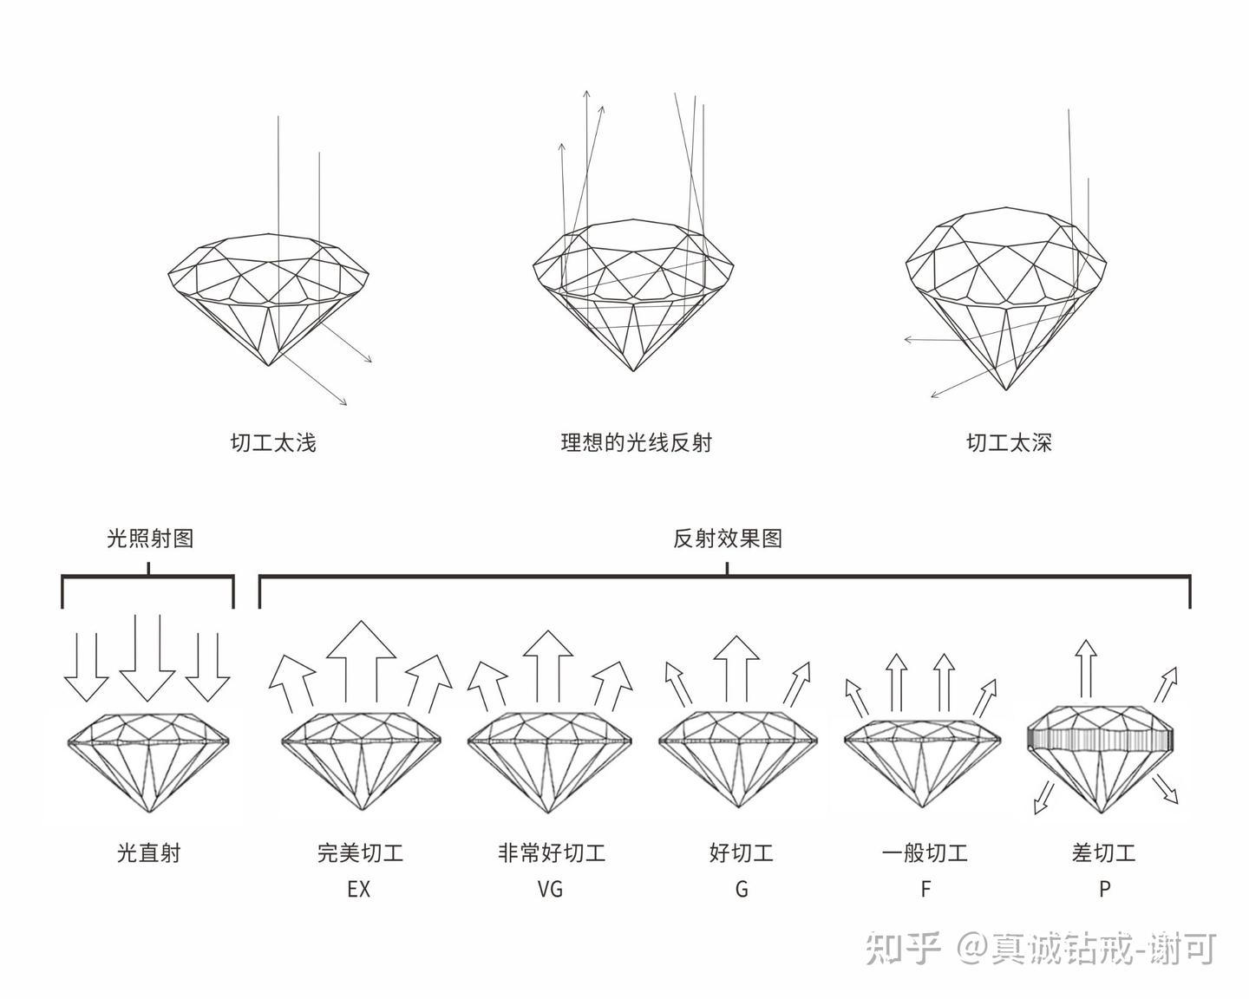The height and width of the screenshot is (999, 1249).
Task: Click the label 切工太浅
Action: pos(273,443)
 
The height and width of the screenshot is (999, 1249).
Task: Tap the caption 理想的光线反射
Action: pos(636,443)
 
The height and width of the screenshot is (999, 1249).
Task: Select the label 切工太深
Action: pos(1009,443)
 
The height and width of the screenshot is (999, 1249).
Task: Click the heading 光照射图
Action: pos(149,539)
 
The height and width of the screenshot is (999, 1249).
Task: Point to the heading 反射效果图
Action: pos(728,539)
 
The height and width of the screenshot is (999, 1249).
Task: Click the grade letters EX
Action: pos(358,890)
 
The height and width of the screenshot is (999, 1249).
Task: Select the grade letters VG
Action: pos(550,890)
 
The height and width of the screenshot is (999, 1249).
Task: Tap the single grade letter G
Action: pos(741,890)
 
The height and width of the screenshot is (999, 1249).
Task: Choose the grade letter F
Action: pos(925,890)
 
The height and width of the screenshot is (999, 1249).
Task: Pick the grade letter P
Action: pos(1104,890)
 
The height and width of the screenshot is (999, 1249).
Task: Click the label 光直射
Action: pos(149,853)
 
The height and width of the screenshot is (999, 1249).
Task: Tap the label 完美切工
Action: pos(360,853)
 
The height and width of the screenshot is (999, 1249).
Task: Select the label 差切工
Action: pos(1103,853)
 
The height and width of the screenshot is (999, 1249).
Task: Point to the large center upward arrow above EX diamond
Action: pos(361,659)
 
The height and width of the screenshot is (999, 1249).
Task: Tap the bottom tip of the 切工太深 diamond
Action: pos(1006,389)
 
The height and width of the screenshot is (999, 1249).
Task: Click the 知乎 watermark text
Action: pos(902,949)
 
